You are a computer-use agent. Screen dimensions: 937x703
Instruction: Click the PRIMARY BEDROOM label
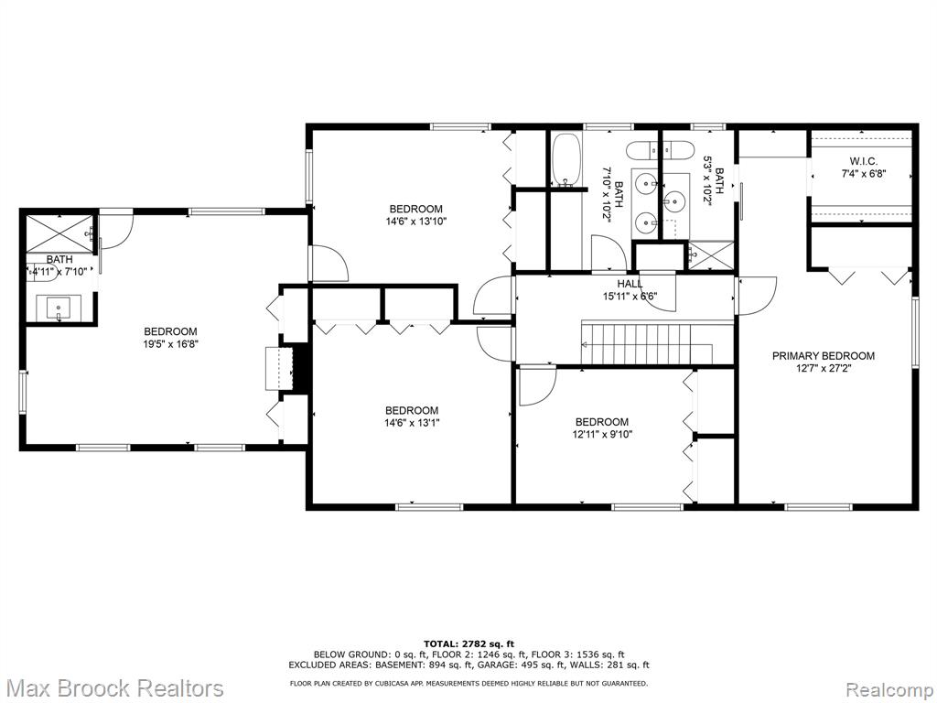point(823,356)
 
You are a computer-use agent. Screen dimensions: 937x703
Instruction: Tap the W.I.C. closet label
point(863,161)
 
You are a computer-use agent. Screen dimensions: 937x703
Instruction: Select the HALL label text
point(630,284)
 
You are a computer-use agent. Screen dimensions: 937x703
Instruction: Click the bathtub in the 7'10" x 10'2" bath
point(565,159)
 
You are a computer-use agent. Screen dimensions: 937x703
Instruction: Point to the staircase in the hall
point(647,343)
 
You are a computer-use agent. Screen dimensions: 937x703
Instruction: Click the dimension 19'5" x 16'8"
point(170,344)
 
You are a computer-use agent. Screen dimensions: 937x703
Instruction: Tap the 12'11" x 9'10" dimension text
point(602,434)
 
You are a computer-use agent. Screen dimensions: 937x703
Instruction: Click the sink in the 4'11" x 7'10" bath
point(59,308)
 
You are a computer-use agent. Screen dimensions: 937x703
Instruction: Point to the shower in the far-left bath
point(59,233)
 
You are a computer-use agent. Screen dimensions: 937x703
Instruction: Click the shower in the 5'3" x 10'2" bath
point(710,255)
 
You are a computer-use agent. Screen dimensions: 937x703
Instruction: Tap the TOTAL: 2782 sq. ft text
point(469,644)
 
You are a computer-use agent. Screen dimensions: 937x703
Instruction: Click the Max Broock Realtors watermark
point(113,687)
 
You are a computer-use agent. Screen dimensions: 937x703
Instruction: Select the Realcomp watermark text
point(889,688)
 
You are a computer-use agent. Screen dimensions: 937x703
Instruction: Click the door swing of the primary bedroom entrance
point(757,296)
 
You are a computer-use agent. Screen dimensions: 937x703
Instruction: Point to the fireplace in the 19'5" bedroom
point(280,368)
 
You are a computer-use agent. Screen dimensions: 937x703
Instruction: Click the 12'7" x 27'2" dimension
point(823,369)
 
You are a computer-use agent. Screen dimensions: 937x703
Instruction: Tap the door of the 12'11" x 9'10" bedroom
point(537,387)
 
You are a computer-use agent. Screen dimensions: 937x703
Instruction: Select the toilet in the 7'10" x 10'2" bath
point(641,150)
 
